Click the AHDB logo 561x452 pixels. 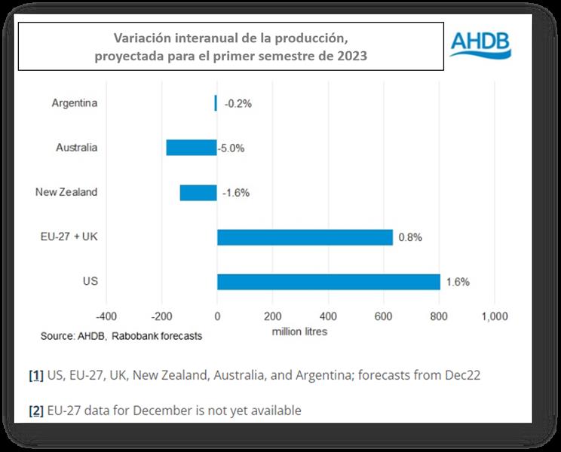[480, 44]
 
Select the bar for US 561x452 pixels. [328, 282]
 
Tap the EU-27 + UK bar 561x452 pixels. [305, 237]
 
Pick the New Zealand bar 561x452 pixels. [198, 192]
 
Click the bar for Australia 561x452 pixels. [192, 148]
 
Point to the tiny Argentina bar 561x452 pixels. [216, 103]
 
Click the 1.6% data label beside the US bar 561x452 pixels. [458, 282]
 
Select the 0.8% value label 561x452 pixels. [410, 237]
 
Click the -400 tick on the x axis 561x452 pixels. [106, 316]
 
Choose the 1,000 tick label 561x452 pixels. [494, 316]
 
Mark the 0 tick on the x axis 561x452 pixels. [217, 316]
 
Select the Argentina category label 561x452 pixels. [75, 103]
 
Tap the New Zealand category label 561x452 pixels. [66, 192]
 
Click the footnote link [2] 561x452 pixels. [35, 411]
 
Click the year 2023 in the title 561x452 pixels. [351, 56]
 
